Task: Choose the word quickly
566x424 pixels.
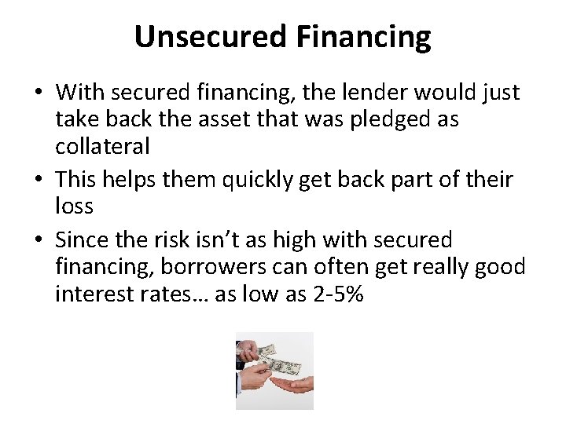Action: coord(252,179)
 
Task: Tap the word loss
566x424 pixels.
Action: coord(75,207)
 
